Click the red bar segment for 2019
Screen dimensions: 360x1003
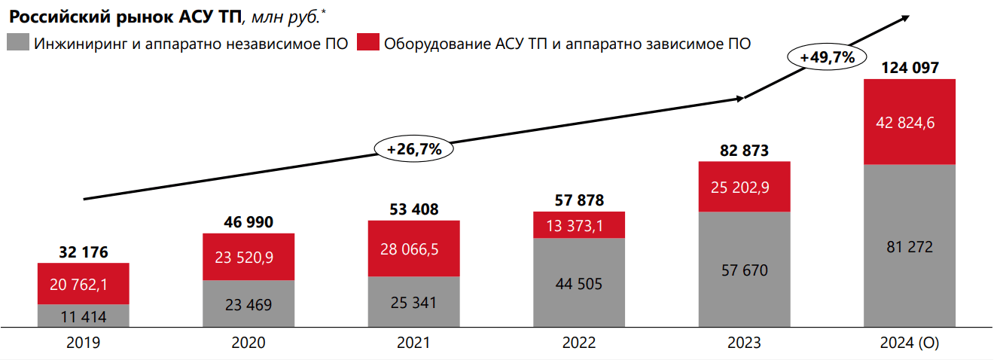pyautogui.click(x=83, y=283)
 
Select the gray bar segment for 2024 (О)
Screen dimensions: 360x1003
pyautogui.click(x=910, y=246)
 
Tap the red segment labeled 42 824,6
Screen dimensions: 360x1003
pyautogui.click(x=910, y=122)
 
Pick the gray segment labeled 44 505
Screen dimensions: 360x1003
pyautogui.click(x=579, y=282)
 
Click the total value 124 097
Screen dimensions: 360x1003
pyautogui.click(x=910, y=68)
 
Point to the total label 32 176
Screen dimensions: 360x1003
pyautogui.click(x=83, y=252)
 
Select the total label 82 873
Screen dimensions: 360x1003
pyautogui.click(x=744, y=151)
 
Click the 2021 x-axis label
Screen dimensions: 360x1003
pyautogui.click(x=413, y=343)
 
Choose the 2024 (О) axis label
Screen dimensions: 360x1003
pyautogui.click(x=910, y=343)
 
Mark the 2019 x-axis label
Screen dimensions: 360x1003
pyautogui.click(x=83, y=343)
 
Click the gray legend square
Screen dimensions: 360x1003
pyautogui.click(x=17, y=42)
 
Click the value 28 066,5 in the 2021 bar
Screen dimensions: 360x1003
pyautogui.click(x=413, y=249)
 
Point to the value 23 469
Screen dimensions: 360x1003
pyautogui.click(x=248, y=304)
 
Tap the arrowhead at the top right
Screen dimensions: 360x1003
pyautogui.click(x=906, y=17)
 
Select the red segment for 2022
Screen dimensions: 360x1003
pyautogui.click(x=579, y=224)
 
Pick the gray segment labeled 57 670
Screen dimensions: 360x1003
pyautogui.click(x=744, y=270)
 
